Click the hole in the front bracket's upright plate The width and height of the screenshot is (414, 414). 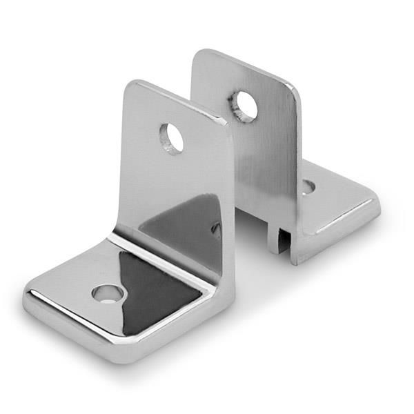171,138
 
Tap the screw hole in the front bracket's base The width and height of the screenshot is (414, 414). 109,294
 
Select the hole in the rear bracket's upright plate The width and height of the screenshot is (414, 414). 244,106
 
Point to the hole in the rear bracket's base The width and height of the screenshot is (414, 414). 308,186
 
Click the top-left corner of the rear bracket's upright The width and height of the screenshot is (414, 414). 197,52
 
